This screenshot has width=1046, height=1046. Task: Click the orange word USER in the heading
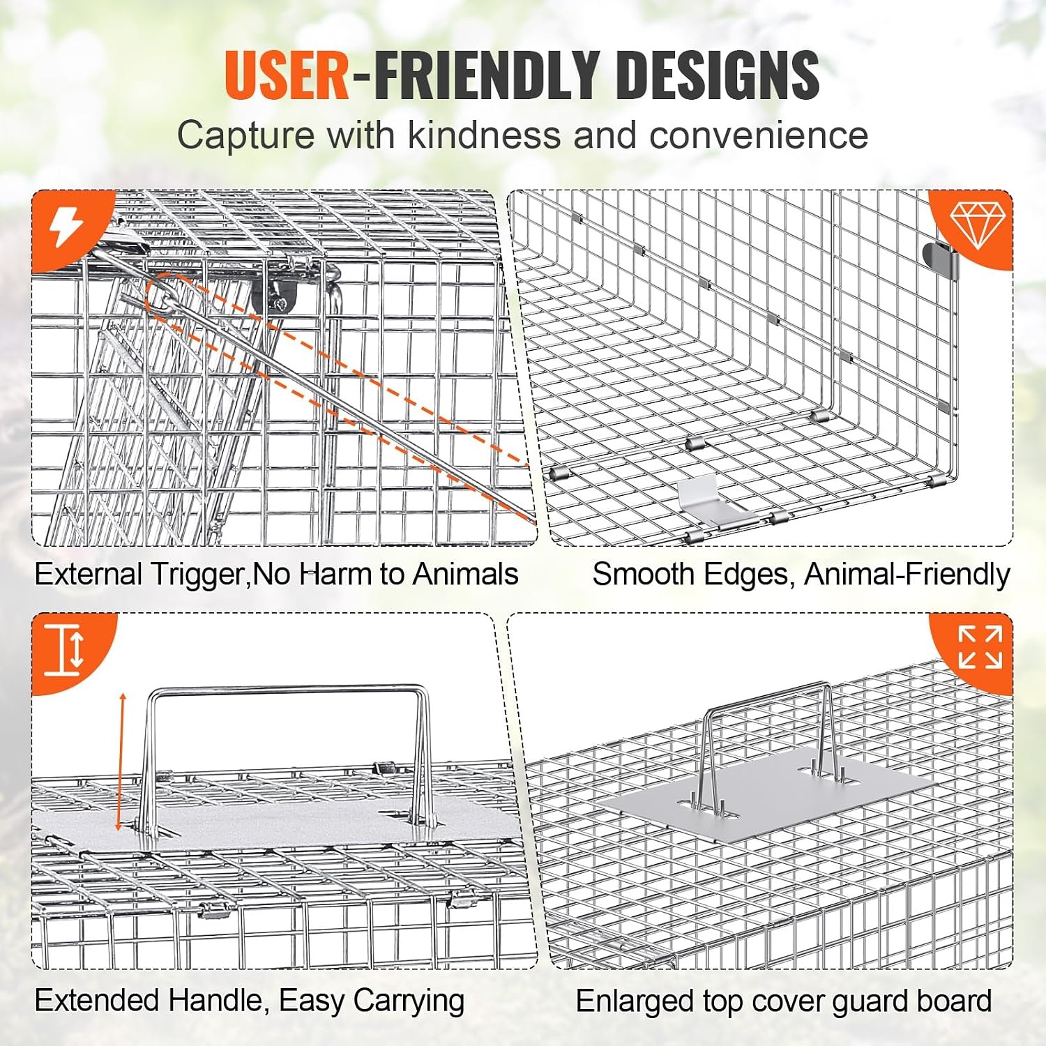pos(287,75)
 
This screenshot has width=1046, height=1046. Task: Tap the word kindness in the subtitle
pos(484,134)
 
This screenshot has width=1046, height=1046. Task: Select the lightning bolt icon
pos(67,226)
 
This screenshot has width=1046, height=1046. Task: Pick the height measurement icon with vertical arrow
pos(64,650)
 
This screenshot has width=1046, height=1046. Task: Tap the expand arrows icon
pos(980,646)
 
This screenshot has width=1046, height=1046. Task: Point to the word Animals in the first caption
pos(465,575)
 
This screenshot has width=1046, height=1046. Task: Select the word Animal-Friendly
pos(907,575)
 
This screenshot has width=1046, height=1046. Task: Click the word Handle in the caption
pos(215,1001)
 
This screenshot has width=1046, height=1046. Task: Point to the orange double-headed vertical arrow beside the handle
pos(121,761)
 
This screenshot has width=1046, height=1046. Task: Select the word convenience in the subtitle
pos(759,134)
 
